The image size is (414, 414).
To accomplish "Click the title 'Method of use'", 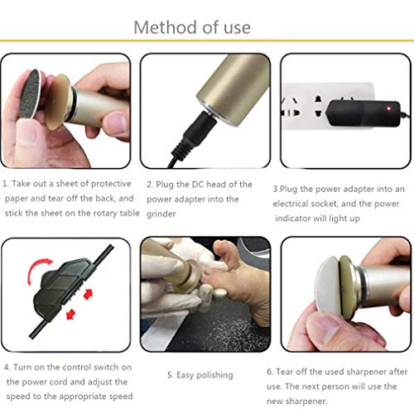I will [191, 26].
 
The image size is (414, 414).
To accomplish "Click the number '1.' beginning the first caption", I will [7, 184].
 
